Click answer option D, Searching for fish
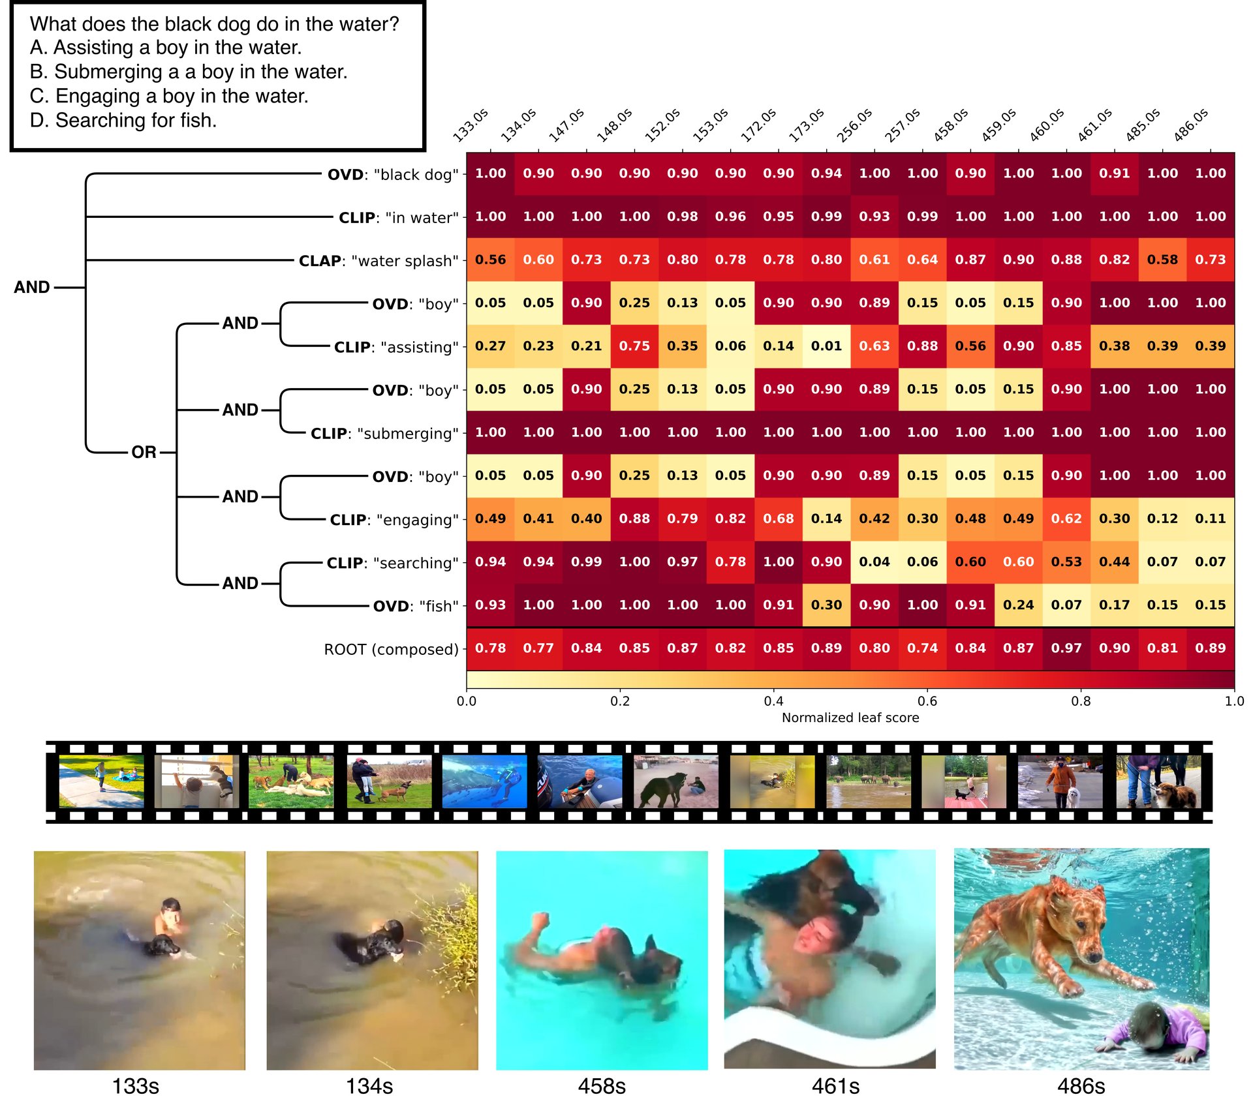(x=123, y=121)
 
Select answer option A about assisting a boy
(x=166, y=48)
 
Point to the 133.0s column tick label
(x=471, y=126)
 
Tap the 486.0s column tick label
(x=1191, y=126)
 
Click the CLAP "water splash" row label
(x=379, y=261)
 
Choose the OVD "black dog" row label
(x=393, y=175)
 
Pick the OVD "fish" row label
(x=416, y=606)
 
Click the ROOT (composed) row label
(x=391, y=650)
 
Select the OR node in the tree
(x=144, y=452)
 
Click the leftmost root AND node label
(x=31, y=287)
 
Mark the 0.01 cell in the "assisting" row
(x=826, y=346)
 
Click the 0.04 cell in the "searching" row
(x=874, y=562)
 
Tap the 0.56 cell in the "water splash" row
(x=490, y=260)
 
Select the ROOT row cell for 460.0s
(x=1066, y=648)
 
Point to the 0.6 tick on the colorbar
(x=927, y=701)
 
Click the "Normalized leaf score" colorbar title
(x=850, y=718)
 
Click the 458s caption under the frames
(x=602, y=1086)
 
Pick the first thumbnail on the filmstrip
(x=101, y=781)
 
